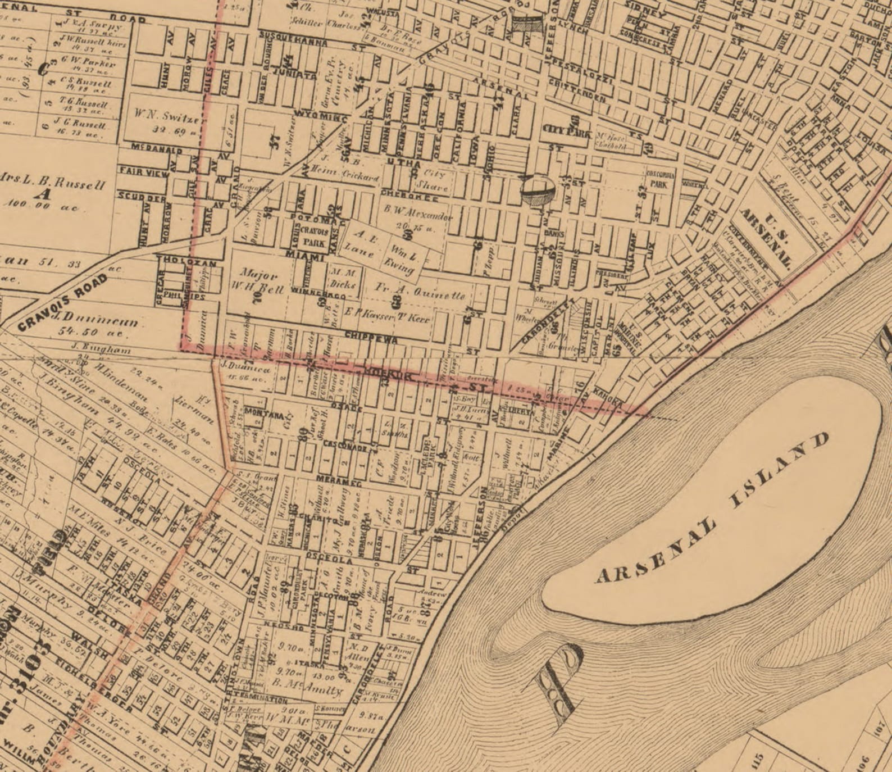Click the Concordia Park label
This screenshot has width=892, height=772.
pos(660,179)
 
